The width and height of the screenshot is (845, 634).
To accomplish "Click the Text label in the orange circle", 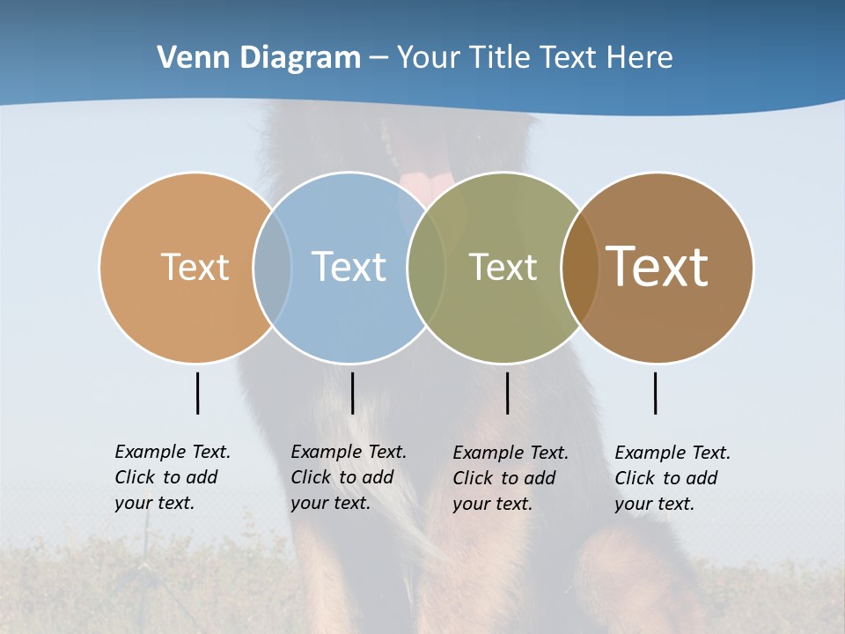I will (195, 267).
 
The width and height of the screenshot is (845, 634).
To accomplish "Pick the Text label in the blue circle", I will (349, 267).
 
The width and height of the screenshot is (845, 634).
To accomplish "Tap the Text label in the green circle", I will (503, 267).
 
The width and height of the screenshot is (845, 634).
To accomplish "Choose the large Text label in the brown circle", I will (657, 267).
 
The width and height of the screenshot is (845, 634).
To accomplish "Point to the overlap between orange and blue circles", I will (272, 267).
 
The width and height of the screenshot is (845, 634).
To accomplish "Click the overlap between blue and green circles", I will (426, 267).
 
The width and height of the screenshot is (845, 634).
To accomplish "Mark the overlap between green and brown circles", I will (580, 267).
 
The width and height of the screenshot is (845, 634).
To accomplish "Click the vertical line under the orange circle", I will (197, 393).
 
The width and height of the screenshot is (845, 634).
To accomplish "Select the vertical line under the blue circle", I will (352, 393).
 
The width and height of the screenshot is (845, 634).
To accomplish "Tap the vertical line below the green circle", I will (507, 393).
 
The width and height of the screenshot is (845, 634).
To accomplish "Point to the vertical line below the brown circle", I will (655, 393).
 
